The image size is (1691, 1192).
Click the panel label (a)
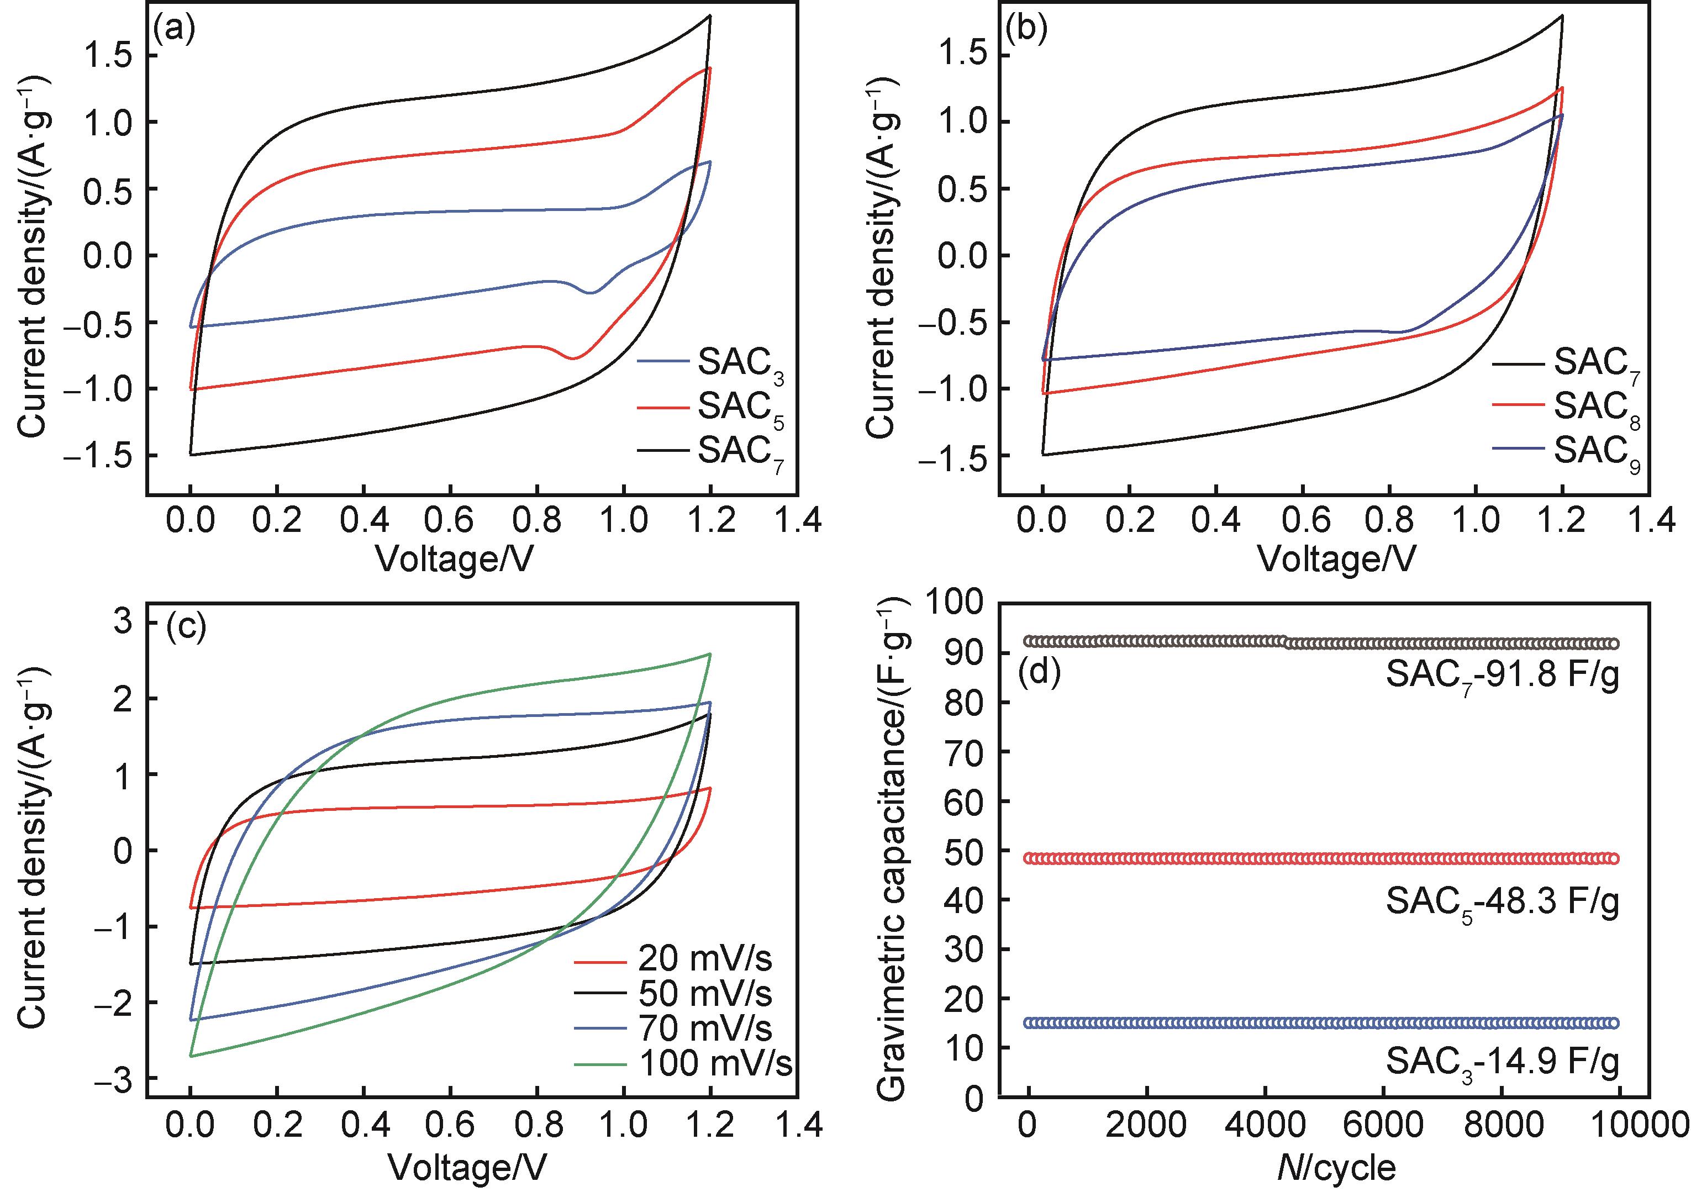click(175, 30)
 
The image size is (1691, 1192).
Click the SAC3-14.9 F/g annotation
click(1503, 1062)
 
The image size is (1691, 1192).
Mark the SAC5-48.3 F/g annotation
click(1503, 901)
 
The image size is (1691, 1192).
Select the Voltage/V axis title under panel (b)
click(1337, 560)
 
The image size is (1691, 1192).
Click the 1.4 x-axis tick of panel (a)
click(798, 520)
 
